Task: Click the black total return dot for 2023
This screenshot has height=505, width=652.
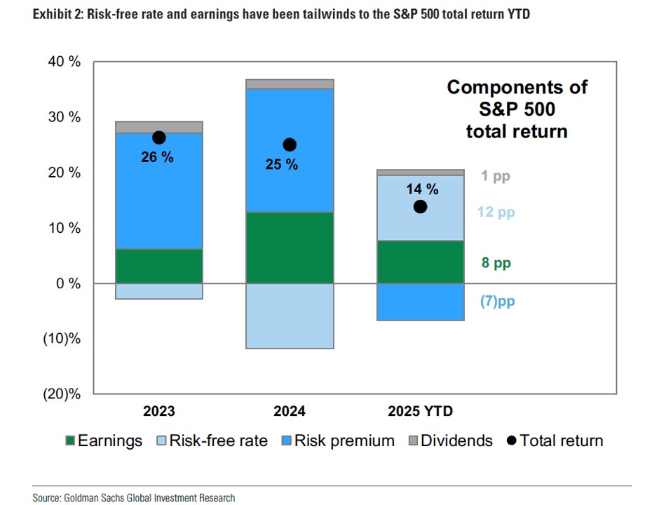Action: [x=158, y=138]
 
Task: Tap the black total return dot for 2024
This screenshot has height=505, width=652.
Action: [x=290, y=145]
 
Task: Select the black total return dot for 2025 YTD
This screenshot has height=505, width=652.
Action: [x=420, y=206]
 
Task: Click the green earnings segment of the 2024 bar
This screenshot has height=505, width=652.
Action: [x=290, y=248]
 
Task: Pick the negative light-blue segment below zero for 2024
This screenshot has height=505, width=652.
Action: [x=290, y=316]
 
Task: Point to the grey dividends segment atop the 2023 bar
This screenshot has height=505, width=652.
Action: [x=158, y=127]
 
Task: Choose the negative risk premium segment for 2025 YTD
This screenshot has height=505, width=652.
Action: [x=420, y=302]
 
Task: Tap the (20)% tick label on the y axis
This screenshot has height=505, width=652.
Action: [x=62, y=394]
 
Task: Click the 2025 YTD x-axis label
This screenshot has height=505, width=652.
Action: [x=420, y=411]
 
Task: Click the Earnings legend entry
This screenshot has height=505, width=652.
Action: [x=103, y=441]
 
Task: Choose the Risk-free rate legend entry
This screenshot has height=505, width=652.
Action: [x=211, y=441]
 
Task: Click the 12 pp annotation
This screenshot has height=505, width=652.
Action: [x=496, y=212]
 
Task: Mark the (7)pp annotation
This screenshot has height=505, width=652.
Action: [x=497, y=302]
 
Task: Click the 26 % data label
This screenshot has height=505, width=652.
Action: [x=156, y=157]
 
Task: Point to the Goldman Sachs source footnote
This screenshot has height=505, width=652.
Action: [x=133, y=497]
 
